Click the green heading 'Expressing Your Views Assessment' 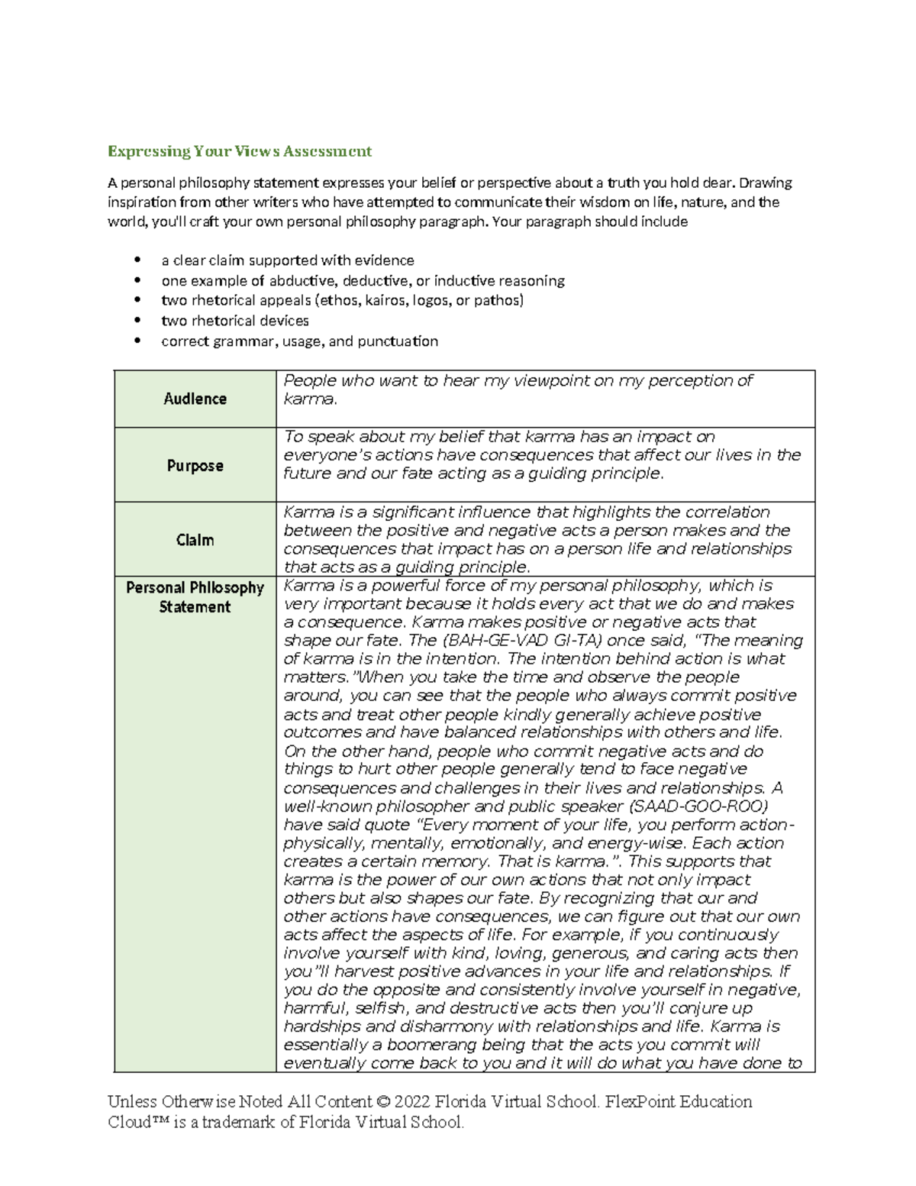point(239,151)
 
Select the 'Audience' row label point(195,399)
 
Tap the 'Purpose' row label point(195,465)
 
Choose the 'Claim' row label point(195,540)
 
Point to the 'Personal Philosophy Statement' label point(195,597)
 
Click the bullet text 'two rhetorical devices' point(234,321)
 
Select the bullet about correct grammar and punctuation point(299,341)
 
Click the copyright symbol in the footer point(383,1101)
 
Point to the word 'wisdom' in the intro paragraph point(604,202)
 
